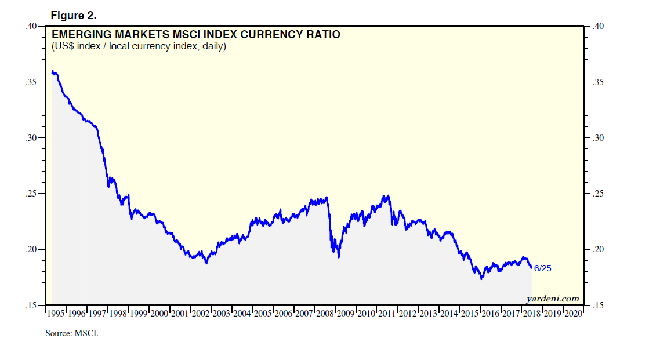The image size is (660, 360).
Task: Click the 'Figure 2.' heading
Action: tap(73, 14)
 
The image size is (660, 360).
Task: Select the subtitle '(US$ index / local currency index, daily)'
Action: tap(139, 46)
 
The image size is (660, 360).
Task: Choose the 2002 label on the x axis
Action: tap(201, 314)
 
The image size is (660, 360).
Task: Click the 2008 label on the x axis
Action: tap(325, 314)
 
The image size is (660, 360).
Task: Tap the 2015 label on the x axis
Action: tap(470, 314)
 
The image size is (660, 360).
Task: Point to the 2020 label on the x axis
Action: tap(573, 314)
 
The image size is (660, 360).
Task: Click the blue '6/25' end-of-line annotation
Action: tap(542, 268)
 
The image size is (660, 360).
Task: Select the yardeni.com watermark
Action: tap(553, 299)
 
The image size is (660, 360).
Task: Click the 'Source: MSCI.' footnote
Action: tap(72, 333)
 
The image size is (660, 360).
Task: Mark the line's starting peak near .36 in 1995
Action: tap(53, 71)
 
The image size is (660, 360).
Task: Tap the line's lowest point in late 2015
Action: tap(481, 279)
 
